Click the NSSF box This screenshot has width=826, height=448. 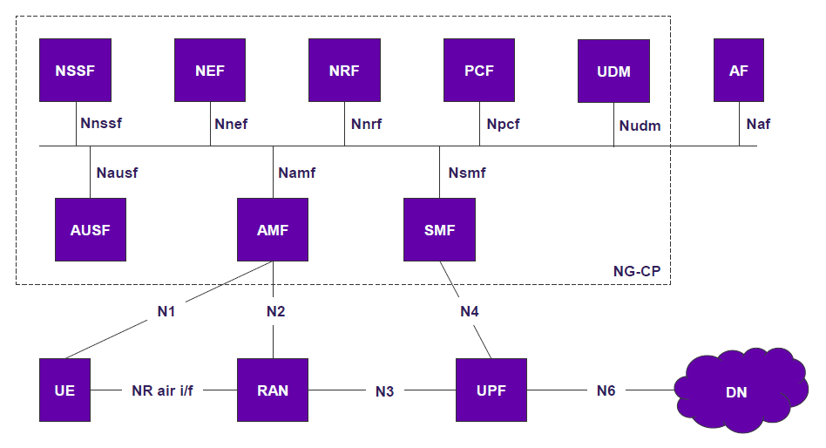(75, 70)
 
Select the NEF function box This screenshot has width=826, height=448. (210, 70)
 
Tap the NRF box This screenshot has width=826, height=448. (344, 70)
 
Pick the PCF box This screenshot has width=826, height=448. (479, 70)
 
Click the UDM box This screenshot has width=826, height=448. (613, 71)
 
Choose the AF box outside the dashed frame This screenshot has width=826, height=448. (739, 70)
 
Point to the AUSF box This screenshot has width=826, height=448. (91, 230)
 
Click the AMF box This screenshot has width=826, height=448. (273, 230)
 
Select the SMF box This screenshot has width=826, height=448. (439, 230)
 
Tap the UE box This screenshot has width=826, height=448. (64, 390)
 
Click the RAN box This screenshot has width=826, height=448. (273, 390)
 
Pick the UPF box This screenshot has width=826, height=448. (491, 390)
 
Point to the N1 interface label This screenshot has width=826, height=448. (166, 311)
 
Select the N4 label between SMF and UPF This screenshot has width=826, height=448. (470, 311)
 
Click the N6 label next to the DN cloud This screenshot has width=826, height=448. (606, 390)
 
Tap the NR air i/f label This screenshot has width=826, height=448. (162, 390)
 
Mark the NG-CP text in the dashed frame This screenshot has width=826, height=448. (637, 271)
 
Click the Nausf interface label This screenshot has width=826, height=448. (117, 173)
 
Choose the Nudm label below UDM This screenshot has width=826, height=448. (640, 126)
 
